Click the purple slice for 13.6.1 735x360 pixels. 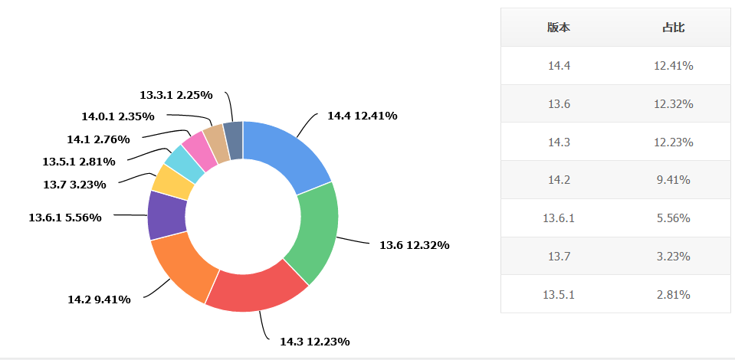[164, 214]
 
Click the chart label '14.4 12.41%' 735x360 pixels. [362, 116]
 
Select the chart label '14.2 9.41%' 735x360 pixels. [99, 299]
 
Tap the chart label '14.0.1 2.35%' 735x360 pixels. [118, 116]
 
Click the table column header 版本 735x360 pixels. [559, 28]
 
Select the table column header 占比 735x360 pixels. [674, 28]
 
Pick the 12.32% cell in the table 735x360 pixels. [674, 104]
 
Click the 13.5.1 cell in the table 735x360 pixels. [559, 295]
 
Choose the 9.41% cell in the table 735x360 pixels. [674, 180]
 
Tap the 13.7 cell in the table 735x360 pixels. [559, 257]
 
